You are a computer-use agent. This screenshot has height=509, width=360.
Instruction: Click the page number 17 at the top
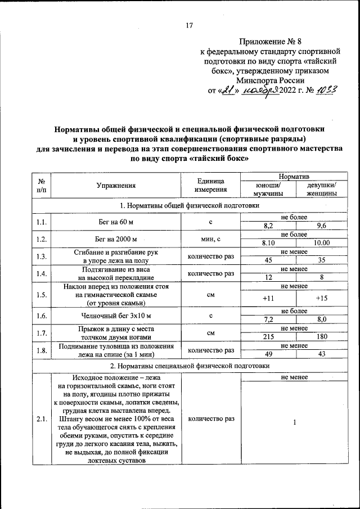click(189, 25)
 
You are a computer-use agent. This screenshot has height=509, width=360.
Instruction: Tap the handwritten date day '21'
click(227, 91)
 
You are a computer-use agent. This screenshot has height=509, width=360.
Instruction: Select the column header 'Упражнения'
click(116, 184)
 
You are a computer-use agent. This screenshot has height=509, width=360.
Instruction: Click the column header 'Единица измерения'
click(210, 184)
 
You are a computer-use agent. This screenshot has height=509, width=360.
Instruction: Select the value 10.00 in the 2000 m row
click(322, 243)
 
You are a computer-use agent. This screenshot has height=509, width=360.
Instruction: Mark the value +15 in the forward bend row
click(322, 298)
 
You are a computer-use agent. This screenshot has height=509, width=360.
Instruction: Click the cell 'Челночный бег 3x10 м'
click(116, 316)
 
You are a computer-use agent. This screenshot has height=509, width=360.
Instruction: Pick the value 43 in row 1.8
click(322, 354)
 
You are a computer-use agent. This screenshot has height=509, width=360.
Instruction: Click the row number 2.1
click(41, 419)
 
